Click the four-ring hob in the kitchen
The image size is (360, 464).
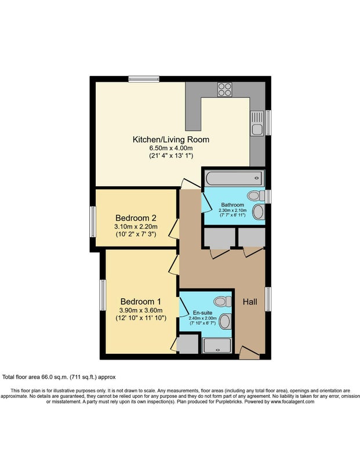(225, 89)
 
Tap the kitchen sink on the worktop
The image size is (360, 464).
(257, 123)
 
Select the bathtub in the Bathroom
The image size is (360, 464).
(234, 178)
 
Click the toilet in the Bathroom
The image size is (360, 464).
(256, 195)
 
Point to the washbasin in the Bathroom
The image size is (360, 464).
(259, 212)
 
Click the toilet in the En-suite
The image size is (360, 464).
(223, 302)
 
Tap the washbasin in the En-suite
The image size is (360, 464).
(226, 322)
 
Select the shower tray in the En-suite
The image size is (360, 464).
(217, 346)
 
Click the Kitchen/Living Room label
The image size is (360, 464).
(171, 140)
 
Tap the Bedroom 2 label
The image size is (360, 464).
(136, 218)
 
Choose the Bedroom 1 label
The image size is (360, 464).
(141, 302)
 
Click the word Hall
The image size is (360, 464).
(250, 302)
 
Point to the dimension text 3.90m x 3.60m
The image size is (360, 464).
(141, 310)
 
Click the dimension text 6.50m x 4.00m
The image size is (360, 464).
(171, 148)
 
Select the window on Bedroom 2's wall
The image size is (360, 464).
(93, 222)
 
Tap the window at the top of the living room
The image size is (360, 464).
(144, 79)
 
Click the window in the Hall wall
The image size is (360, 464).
(268, 299)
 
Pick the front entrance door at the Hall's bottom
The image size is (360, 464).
(249, 353)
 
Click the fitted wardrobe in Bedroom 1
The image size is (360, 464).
(187, 344)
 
